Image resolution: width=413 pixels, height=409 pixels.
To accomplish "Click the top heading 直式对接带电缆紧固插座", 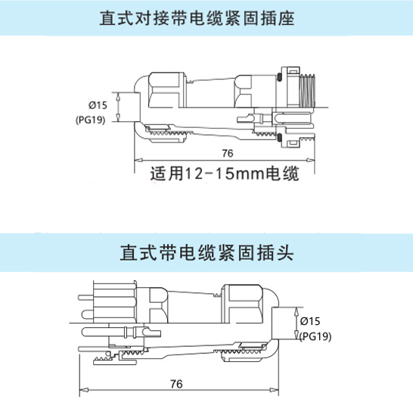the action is pos(197,18).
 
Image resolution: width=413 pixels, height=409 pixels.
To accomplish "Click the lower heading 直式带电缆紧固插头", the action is pos(206,253).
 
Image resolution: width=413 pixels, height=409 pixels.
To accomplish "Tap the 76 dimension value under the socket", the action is pos(228,153).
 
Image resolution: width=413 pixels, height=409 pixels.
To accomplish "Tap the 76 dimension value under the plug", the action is pos(176,384).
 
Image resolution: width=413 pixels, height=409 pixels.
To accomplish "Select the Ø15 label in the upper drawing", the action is pos(98,105).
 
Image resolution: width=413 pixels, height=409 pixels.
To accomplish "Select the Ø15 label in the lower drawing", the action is pos(310,321).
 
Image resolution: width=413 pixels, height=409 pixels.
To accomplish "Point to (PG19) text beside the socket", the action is pos(90,120).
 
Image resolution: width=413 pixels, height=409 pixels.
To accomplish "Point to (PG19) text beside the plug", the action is pos(315,336).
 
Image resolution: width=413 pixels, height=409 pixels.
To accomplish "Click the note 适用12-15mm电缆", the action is pos(225,173).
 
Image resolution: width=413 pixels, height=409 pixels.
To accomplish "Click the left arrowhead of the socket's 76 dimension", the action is pos(138,160).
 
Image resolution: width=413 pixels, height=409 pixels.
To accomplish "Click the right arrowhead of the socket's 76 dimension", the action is pos(311,160).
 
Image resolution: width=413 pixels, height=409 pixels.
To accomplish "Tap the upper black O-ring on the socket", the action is pos(279,77).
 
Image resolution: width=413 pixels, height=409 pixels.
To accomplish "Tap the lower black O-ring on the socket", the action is pos(280,137).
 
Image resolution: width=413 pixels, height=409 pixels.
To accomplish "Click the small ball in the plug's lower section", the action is pos(107,354).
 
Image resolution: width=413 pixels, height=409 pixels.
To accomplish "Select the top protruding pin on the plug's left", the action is pos(86,298).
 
